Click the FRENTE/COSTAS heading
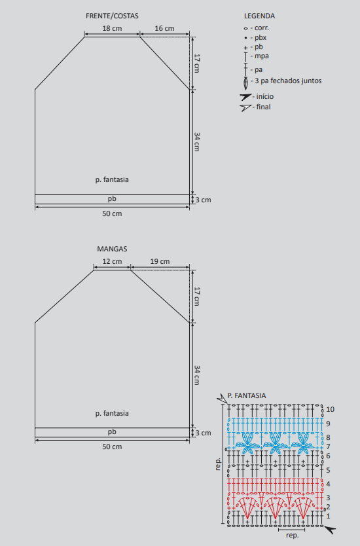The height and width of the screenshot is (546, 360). coord(112,16)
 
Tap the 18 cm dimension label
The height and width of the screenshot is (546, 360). coord(112,29)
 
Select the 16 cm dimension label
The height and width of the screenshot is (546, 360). coord(164,29)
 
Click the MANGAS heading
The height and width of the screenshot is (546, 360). coord(112,249)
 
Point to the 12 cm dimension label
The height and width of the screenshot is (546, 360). coord(112,261)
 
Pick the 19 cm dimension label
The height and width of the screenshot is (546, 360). coord(160,261)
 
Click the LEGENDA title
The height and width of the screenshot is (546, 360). coord(259,16)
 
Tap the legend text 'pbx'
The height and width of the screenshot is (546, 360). coord(261,37)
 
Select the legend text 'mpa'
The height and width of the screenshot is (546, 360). coord(261,56)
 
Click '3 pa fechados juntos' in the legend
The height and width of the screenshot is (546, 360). coord(288,81)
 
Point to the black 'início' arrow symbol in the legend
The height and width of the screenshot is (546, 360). coord(245,96)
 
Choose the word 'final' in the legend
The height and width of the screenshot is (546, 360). coord(264,107)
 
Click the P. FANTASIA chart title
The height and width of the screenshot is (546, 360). coord(247,395)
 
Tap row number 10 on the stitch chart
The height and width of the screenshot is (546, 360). coord(331,410)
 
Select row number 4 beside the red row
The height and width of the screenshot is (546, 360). coord(329,484)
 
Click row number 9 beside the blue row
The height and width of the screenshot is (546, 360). coord(329,424)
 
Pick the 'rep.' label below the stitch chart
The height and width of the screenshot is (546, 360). coord(292,536)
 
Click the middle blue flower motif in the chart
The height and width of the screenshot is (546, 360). coord(276,443)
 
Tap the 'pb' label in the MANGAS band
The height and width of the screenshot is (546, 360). coord(112,432)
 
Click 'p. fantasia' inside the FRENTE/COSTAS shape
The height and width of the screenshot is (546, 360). coord(112,180)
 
